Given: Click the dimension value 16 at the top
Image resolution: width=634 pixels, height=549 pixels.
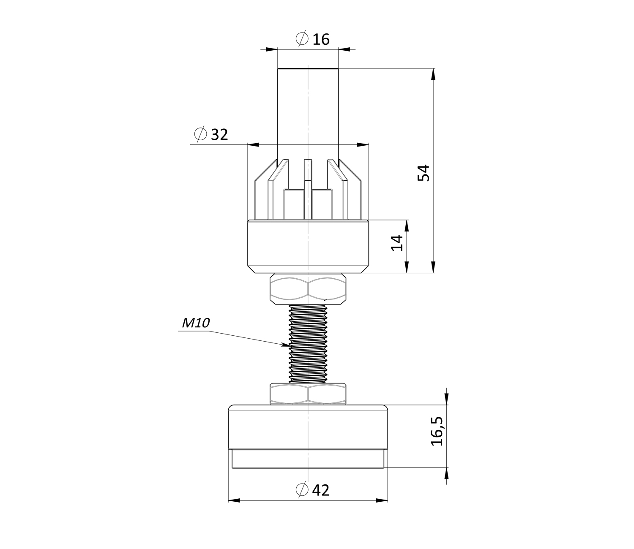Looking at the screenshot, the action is click(321, 40).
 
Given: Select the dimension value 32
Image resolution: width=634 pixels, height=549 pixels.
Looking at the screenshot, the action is click(220, 135).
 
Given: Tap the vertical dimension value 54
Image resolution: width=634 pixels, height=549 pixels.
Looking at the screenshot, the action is click(424, 173).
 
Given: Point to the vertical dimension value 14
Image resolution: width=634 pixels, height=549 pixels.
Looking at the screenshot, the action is click(397, 243).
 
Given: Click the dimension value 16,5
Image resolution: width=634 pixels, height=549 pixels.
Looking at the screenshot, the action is click(437, 431).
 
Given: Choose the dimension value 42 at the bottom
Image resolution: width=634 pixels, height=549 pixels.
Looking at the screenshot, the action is click(321, 490).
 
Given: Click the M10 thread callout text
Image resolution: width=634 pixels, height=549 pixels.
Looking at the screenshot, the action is click(196, 323).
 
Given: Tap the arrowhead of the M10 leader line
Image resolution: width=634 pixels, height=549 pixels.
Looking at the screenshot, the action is click(286, 345).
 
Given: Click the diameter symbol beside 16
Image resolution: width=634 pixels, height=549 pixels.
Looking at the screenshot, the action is click(302, 38).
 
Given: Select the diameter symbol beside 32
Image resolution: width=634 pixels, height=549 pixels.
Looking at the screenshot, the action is click(201, 133).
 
